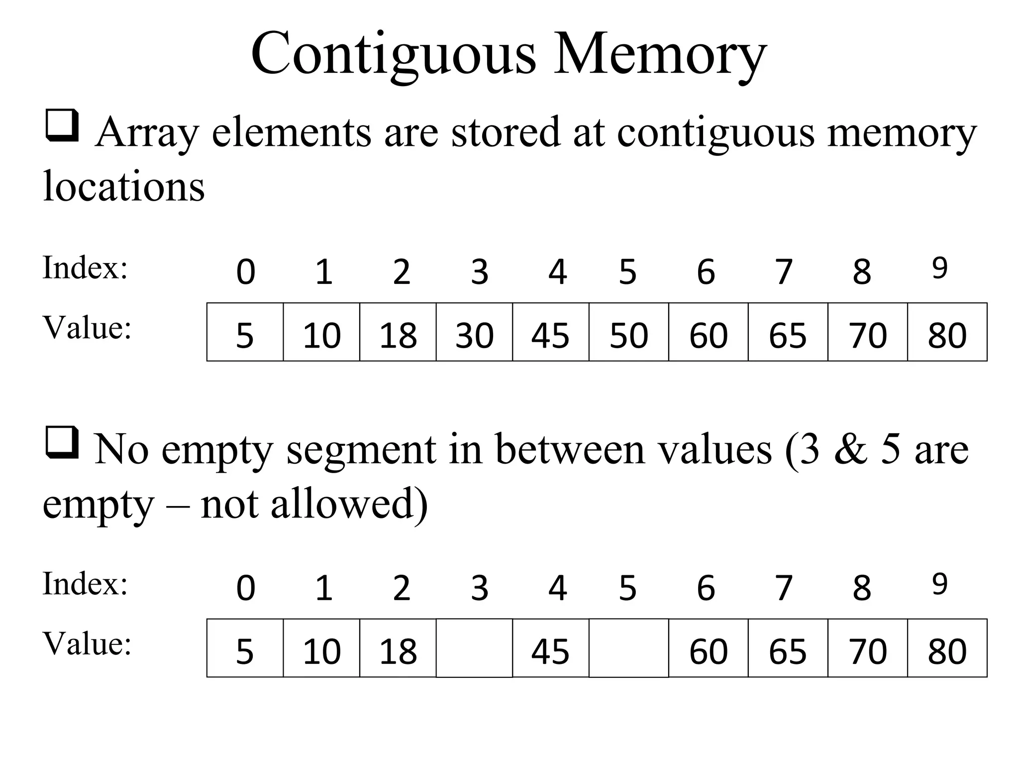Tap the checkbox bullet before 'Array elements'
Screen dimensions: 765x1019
click(x=62, y=125)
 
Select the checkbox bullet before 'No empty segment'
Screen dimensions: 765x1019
click(x=62, y=442)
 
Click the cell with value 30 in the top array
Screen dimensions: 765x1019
click(x=474, y=332)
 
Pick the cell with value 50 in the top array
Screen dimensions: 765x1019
click(x=628, y=332)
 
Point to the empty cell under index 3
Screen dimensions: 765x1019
click(x=474, y=648)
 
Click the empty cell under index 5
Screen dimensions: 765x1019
click(x=628, y=648)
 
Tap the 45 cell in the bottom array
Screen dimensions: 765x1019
click(x=550, y=648)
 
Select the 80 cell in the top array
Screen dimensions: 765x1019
click(x=947, y=332)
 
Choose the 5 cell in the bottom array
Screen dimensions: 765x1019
click(x=245, y=648)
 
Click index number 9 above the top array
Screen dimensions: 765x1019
click(x=939, y=268)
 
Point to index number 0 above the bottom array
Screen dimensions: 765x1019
click(x=246, y=588)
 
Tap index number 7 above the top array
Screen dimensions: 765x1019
click(x=784, y=272)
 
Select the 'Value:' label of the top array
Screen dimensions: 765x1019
click(x=87, y=328)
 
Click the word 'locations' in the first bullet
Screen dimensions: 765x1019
click(x=124, y=186)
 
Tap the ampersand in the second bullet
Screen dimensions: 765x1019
click(x=850, y=449)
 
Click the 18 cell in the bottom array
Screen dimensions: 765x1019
click(x=398, y=648)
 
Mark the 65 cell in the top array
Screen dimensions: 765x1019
click(x=788, y=332)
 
